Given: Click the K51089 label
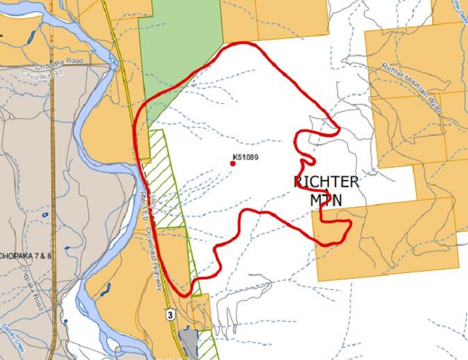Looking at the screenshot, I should coord(250,157).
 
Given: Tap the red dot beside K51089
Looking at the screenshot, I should coord(233,164).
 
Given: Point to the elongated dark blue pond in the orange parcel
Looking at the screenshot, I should coord(105,289).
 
